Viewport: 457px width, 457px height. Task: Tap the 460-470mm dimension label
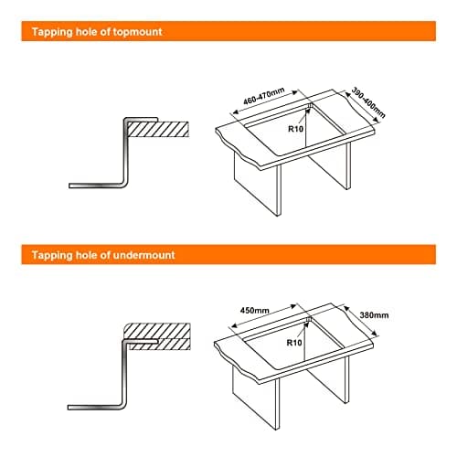264,96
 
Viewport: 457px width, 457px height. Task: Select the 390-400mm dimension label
368,102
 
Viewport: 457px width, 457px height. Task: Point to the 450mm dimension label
255,311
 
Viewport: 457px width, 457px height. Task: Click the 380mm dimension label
374,315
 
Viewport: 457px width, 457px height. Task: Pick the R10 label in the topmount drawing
295,129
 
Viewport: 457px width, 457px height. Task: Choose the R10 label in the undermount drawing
294,343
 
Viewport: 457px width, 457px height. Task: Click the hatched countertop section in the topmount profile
158,129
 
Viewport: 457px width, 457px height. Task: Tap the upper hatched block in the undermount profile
157,330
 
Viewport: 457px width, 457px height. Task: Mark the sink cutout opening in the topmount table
295,130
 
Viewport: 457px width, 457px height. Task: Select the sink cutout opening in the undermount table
294,344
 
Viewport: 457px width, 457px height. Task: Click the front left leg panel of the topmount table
258,184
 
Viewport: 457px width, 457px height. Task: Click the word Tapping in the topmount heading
52,32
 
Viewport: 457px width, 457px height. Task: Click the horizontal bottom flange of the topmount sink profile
97,186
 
